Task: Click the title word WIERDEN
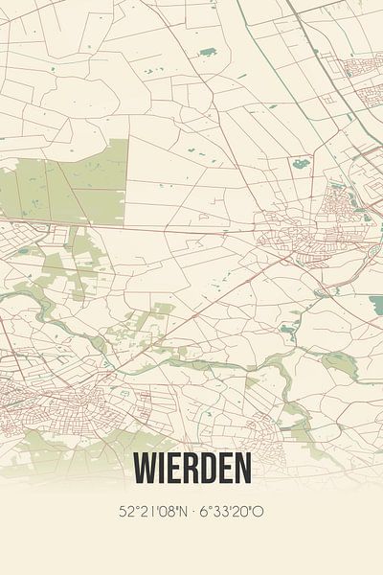(x=192, y=469)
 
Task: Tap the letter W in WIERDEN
(x=146, y=469)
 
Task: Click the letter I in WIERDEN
(x=164, y=469)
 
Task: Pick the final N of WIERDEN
(x=242, y=469)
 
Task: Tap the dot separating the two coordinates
(x=192, y=512)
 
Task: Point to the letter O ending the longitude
(x=259, y=512)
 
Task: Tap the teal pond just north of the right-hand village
(x=302, y=163)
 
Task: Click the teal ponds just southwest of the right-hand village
(x=287, y=330)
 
